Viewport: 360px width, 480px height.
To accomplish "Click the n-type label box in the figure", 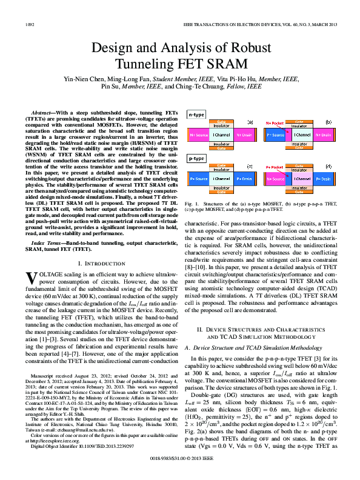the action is click(x=196, y=114).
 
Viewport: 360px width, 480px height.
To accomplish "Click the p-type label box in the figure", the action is click(x=196, y=158).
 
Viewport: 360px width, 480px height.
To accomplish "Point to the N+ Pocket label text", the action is click(x=275, y=122).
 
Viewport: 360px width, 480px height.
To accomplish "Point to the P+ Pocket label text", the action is click(x=275, y=167).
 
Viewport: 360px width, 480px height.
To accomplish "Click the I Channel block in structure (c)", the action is click(x=222, y=179).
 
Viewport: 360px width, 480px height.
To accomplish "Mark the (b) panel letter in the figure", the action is click(x=328, y=122).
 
